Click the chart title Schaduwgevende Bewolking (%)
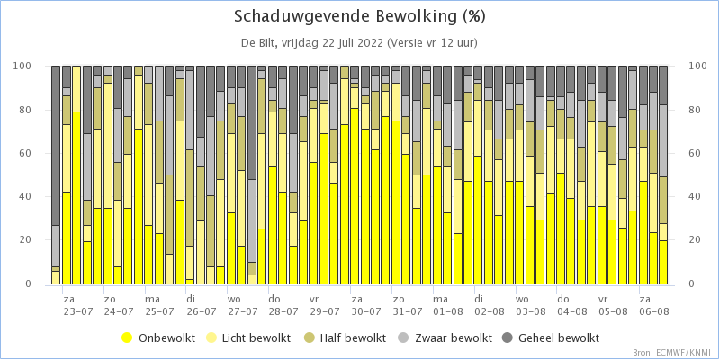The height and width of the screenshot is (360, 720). point(359,16)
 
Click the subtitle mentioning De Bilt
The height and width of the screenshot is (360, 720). point(359,43)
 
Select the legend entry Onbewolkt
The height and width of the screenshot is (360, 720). point(158,338)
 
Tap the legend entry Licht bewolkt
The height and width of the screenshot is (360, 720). point(250,338)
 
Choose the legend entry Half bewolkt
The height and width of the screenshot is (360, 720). point(346,338)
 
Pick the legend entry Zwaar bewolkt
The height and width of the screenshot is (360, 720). point(445,338)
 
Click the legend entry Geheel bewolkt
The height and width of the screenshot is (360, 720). point(551,338)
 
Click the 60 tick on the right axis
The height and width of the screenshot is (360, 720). point(695,153)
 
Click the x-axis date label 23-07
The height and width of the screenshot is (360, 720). point(78,311)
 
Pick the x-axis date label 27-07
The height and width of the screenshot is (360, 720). point(242,311)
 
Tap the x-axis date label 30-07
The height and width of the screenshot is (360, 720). point(366,311)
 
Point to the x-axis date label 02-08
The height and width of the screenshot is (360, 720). point(490,311)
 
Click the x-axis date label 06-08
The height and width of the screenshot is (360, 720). point(654,311)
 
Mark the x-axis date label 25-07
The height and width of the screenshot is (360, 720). point(160,311)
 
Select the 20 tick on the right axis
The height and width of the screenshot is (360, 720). point(695,240)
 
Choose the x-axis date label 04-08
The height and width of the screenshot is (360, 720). point(572,311)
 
